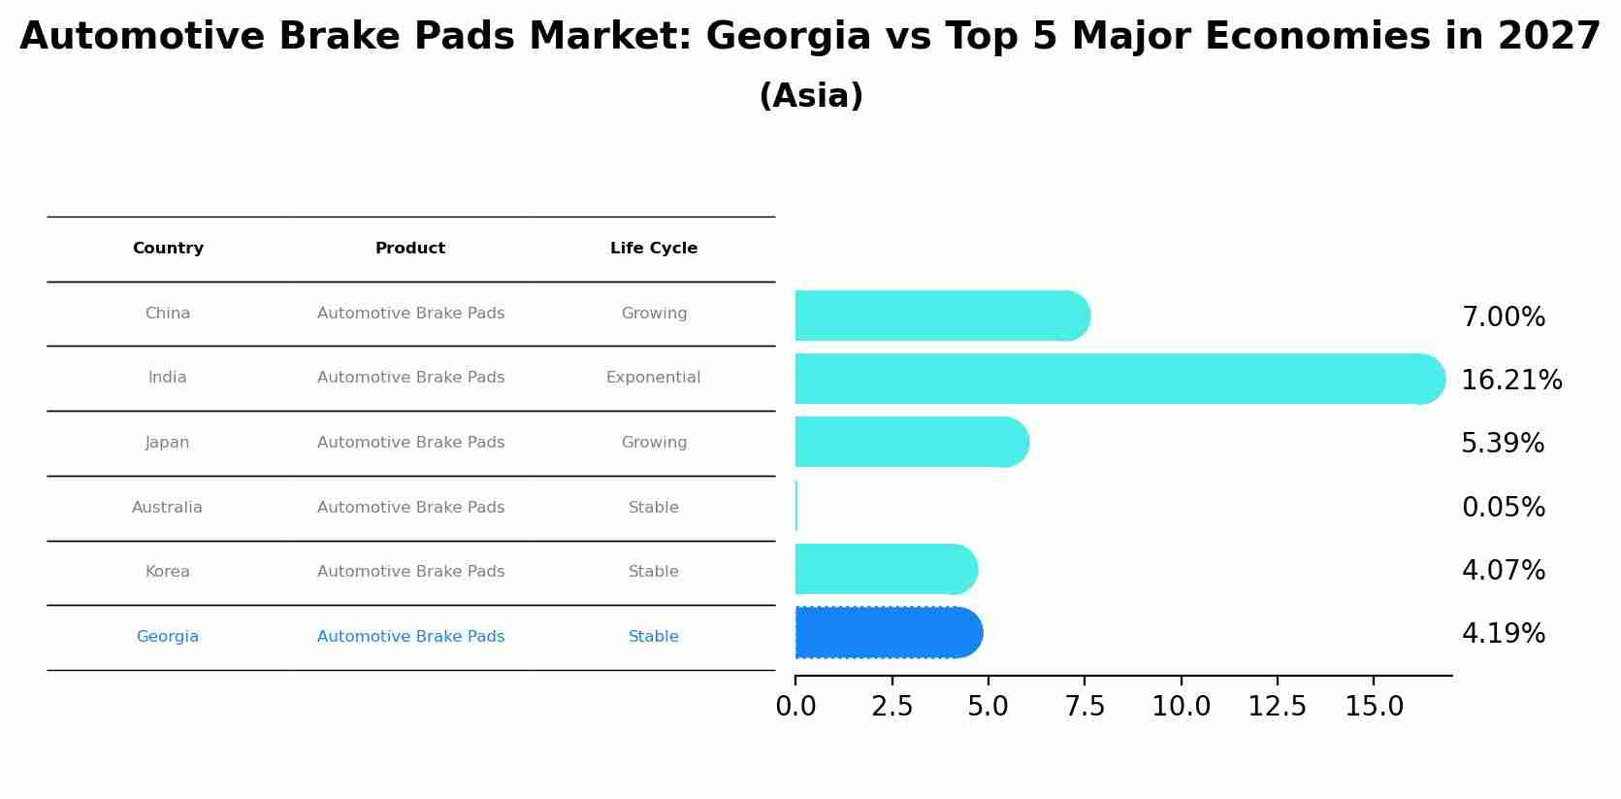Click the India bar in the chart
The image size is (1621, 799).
pyautogui.click(x=1116, y=379)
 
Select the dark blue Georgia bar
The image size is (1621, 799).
pyautogui.click(x=888, y=633)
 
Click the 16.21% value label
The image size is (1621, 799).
pyautogui.click(x=1511, y=381)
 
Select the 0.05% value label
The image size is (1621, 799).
pyautogui.click(x=1503, y=508)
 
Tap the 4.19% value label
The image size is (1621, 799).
pyautogui.click(x=1503, y=634)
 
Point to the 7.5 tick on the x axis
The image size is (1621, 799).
pyautogui.click(x=1085, y=707)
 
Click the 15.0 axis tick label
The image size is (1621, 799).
pyautogui.click(x=1374, y=707)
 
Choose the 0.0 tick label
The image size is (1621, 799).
pyautogui.click(x=795, y=707)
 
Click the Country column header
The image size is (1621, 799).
pyautogui.click(x=168, y=249)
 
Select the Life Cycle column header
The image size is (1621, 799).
pyautogui.click(x=653, y=249)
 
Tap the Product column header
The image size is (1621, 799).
pyautogui.click(x=410, y=249)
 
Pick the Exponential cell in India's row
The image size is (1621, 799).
pyautogui.click(x=653, y=378)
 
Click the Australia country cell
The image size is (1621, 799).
pyautogui.click(x=167, y=508)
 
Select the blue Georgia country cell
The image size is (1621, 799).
pyautogui.click(x=167, y=637)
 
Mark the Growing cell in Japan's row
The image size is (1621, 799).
pyautogui.click(x=654, y=443)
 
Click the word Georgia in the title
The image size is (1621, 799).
pyautogui.click(x=788, y=37)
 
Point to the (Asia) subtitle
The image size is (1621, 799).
pyautogui.click(x=811, y=96)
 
